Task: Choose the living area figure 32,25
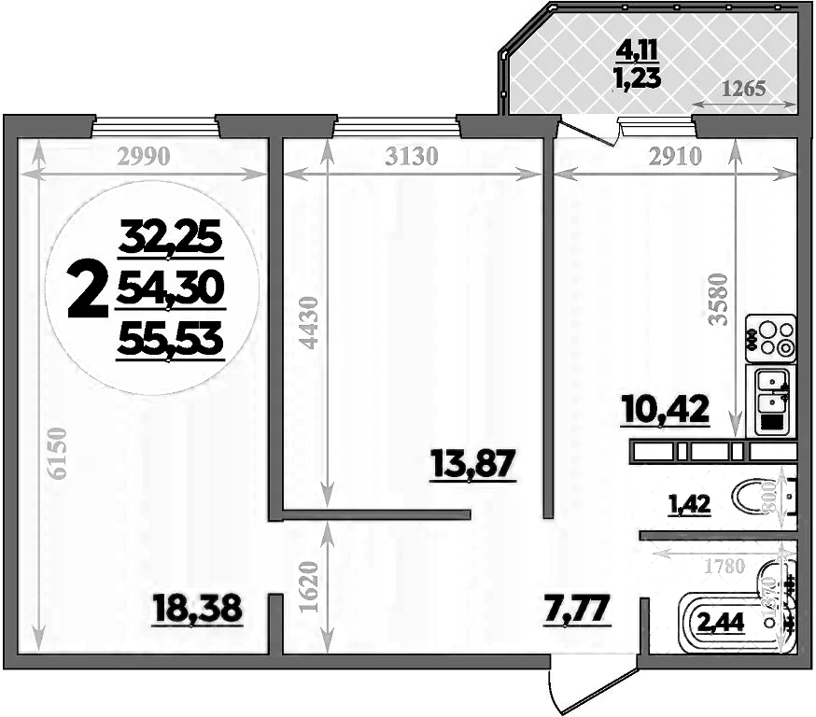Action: pos(171,242)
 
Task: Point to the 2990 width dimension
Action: pos(144,157)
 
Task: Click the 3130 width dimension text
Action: pos(411,157)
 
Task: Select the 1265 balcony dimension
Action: pos(744,90)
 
